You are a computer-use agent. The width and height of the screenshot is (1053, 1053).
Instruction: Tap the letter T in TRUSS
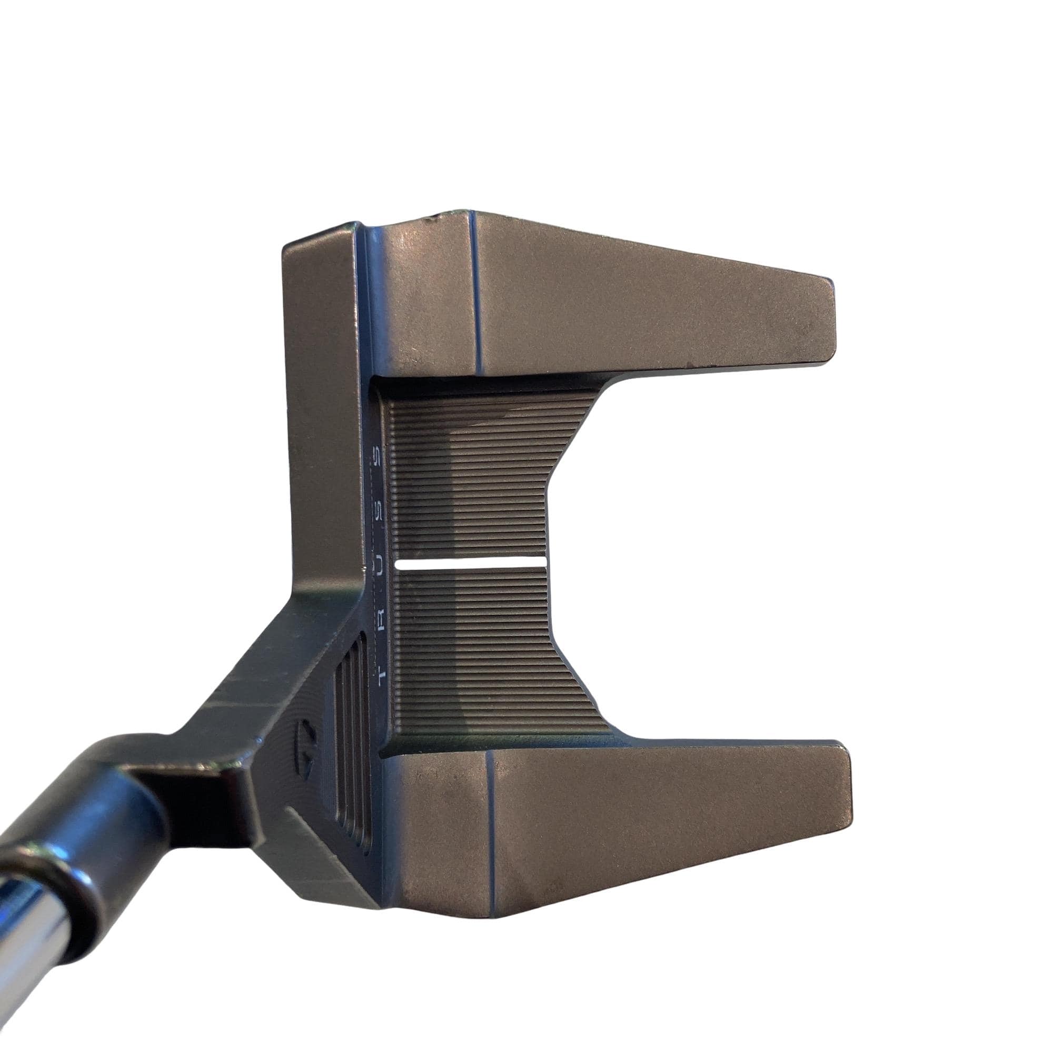pos(382,674)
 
